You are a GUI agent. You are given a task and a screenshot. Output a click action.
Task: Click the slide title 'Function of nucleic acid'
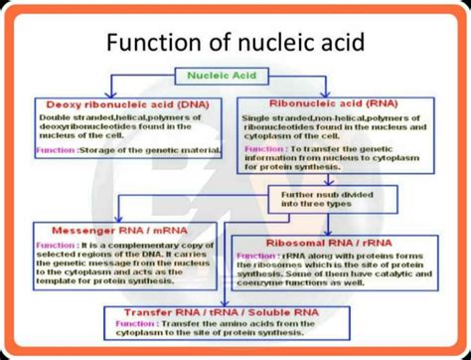(235, 43)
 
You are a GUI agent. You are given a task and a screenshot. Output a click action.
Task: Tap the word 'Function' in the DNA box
(54, 150)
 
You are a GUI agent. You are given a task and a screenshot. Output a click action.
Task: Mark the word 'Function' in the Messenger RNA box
(56, 244)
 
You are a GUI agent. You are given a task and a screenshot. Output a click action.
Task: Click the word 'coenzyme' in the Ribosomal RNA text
(267, 288)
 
